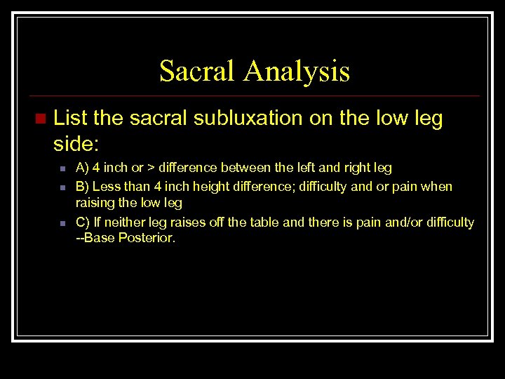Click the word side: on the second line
click(x=76, y=144)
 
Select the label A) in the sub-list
click(x=82, y=168)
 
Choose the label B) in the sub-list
click(x=82, y=186)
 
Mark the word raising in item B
click(x=96, y=203)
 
